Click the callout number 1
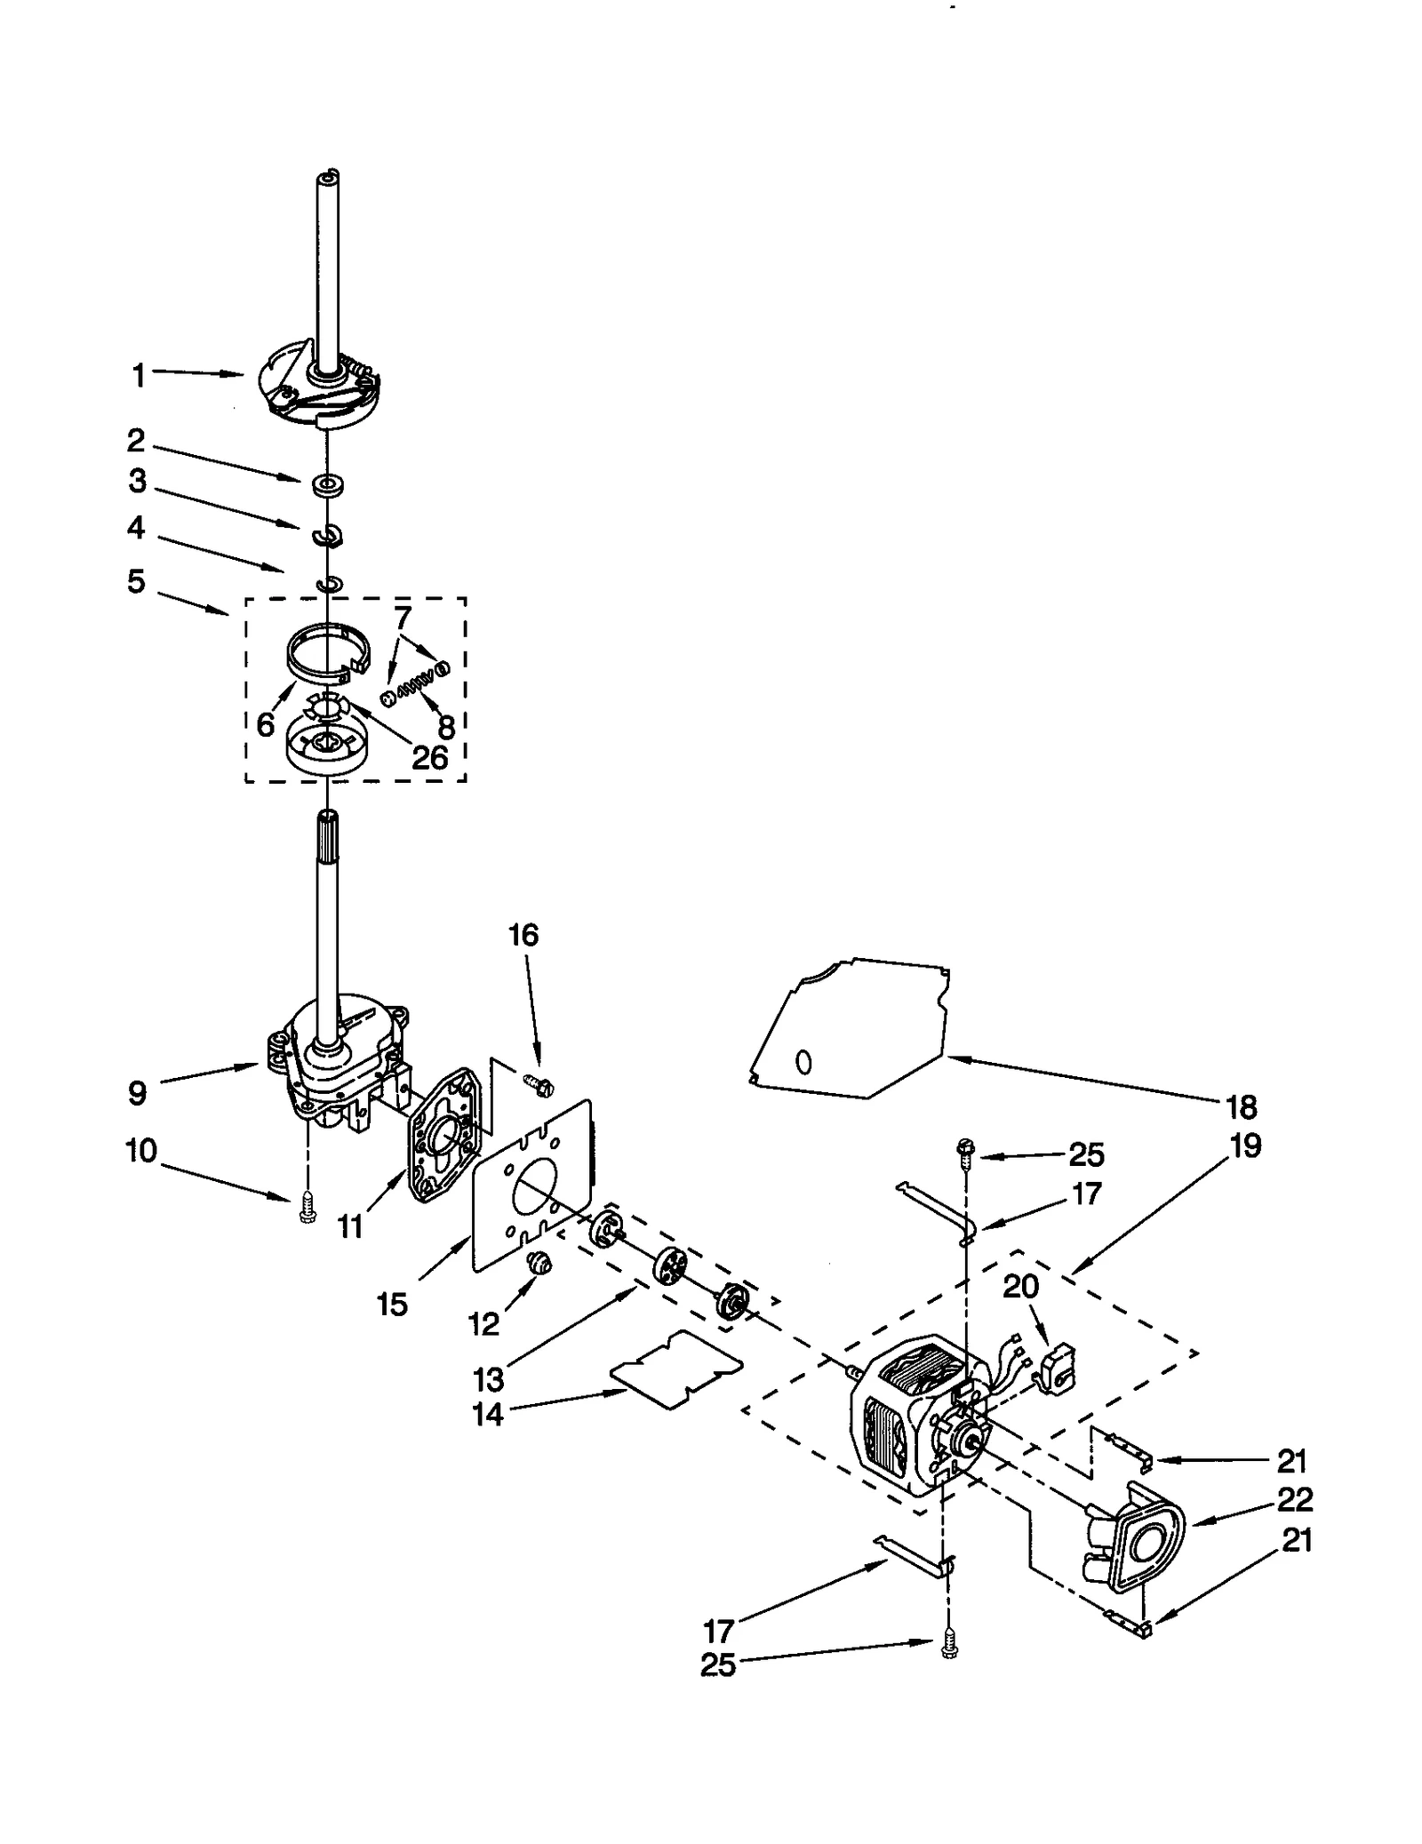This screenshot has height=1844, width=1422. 138,375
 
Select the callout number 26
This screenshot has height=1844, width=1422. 429,756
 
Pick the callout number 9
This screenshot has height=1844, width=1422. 137,1092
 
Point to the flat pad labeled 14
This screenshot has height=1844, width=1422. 677,1369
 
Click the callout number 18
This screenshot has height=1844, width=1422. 1242,1106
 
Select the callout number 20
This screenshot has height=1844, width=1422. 1020,1285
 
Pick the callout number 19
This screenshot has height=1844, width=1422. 1245,1146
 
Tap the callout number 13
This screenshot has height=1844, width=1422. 488,1379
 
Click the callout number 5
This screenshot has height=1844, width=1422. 136,581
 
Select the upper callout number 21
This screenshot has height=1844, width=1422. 1291,1460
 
